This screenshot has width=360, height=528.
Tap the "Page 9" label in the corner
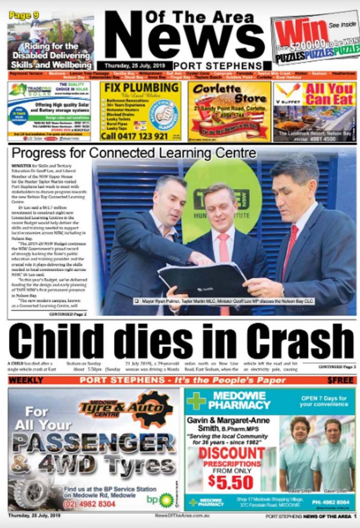pyautogui.click(x=23, y=15)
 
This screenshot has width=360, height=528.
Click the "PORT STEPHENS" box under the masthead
pyautogui.click(x=217, y=66)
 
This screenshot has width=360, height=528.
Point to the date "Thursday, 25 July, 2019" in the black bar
pyautogui.click(x=135, y=66)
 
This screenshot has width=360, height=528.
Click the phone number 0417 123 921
pyautogui.click(x=135, y=136)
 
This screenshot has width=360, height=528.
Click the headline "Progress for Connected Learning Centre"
pyautogui.click(x=134, y=153)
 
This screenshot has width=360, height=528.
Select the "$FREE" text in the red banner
pyautogui.click(x=340, y=380)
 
